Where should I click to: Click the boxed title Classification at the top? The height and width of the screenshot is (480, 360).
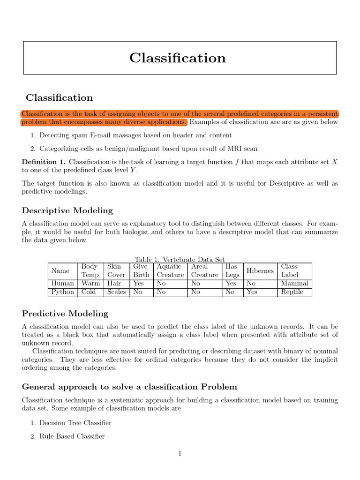pos(178,58)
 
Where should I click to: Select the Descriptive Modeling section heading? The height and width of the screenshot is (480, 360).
pos(67,210)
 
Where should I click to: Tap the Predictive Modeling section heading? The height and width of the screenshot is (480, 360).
pos(65,314)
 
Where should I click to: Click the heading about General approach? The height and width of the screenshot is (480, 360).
pos(129,387)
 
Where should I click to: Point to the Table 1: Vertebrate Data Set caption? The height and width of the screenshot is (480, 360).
pos(180,259)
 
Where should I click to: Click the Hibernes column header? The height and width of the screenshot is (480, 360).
pos(260,271)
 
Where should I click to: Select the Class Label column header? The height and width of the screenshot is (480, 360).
pos(289,271)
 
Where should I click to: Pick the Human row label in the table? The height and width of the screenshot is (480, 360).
pos(63,284)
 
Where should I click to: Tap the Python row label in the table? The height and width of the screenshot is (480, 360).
pos(63,292)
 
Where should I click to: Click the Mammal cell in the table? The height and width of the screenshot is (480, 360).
pos(294,284)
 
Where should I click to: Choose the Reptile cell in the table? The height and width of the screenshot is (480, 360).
pos(292,292)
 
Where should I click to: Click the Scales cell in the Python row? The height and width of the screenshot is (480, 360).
pos(117,292)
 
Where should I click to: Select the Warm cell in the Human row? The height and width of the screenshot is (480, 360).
pos(90,284)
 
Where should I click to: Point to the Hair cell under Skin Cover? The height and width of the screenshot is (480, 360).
pos(114,284)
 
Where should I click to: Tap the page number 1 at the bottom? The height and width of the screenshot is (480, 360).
pos(180,453)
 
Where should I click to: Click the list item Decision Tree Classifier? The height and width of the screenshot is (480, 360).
pos(75,423)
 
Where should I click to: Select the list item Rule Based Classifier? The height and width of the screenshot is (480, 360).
pos(72,436)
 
